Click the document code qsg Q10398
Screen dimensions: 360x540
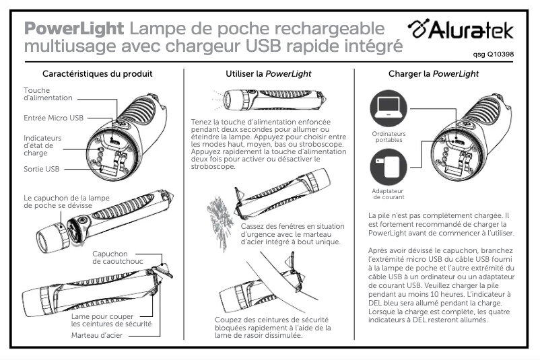pos(494,55)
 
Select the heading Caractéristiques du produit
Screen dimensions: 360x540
pos(97,73)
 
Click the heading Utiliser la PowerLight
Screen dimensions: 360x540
pos(268,73)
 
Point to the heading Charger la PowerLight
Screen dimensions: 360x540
pos(434,73)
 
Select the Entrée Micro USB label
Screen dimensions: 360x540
pos(53,118)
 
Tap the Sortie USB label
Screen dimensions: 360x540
pos(42,169)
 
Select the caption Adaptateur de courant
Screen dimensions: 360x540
pos(388,194)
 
